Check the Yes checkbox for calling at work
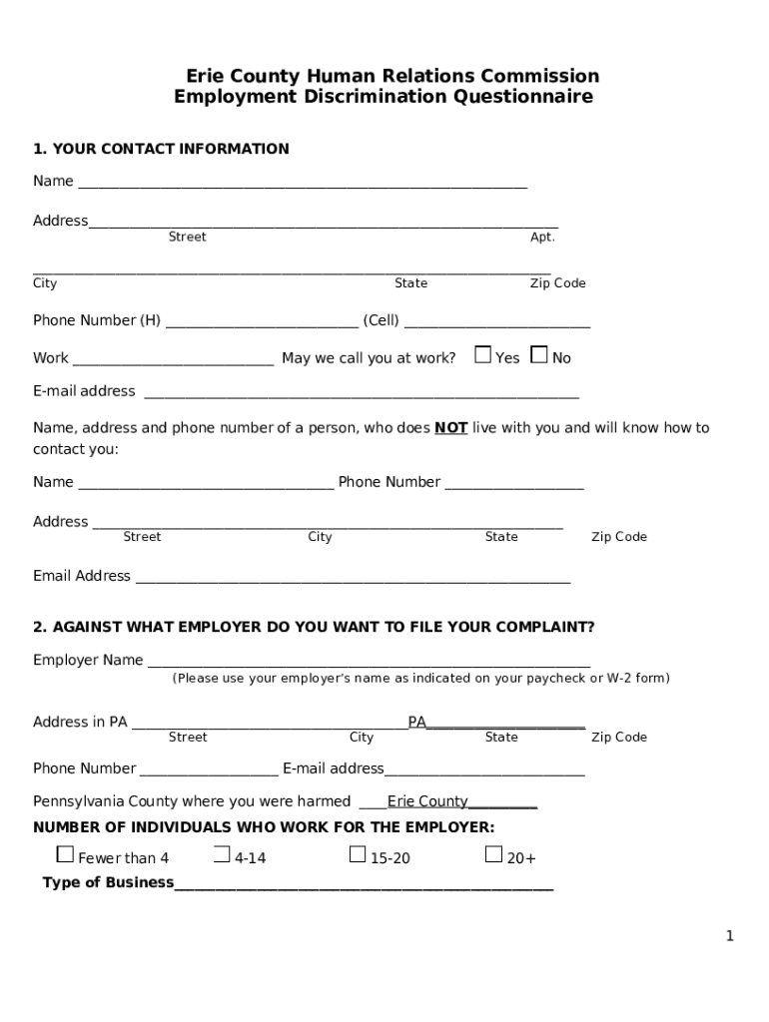[x=483, y=354]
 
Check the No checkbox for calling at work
[x=539, y=354]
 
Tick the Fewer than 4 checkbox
[x=66, y=854]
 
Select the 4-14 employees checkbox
[x=222, y=854]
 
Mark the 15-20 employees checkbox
[x=358, y=854]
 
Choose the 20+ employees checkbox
[x=493, y=854]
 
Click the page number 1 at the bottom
[x=730, y=935]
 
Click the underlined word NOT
[x=451, y=428]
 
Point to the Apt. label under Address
[x=542, y=238]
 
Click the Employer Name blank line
[x=369, y=662]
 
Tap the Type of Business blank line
[x=364, y=884]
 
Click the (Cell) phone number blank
[x=497, y=322]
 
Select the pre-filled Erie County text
[x=427, y=801]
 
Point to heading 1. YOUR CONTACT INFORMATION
[x=161, y=149]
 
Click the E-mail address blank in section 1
[x=362, y=393]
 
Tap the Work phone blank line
[x=174, y=360]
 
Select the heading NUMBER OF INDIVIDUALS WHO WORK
[x=264, y=827]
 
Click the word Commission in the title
[x=540, y=76]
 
